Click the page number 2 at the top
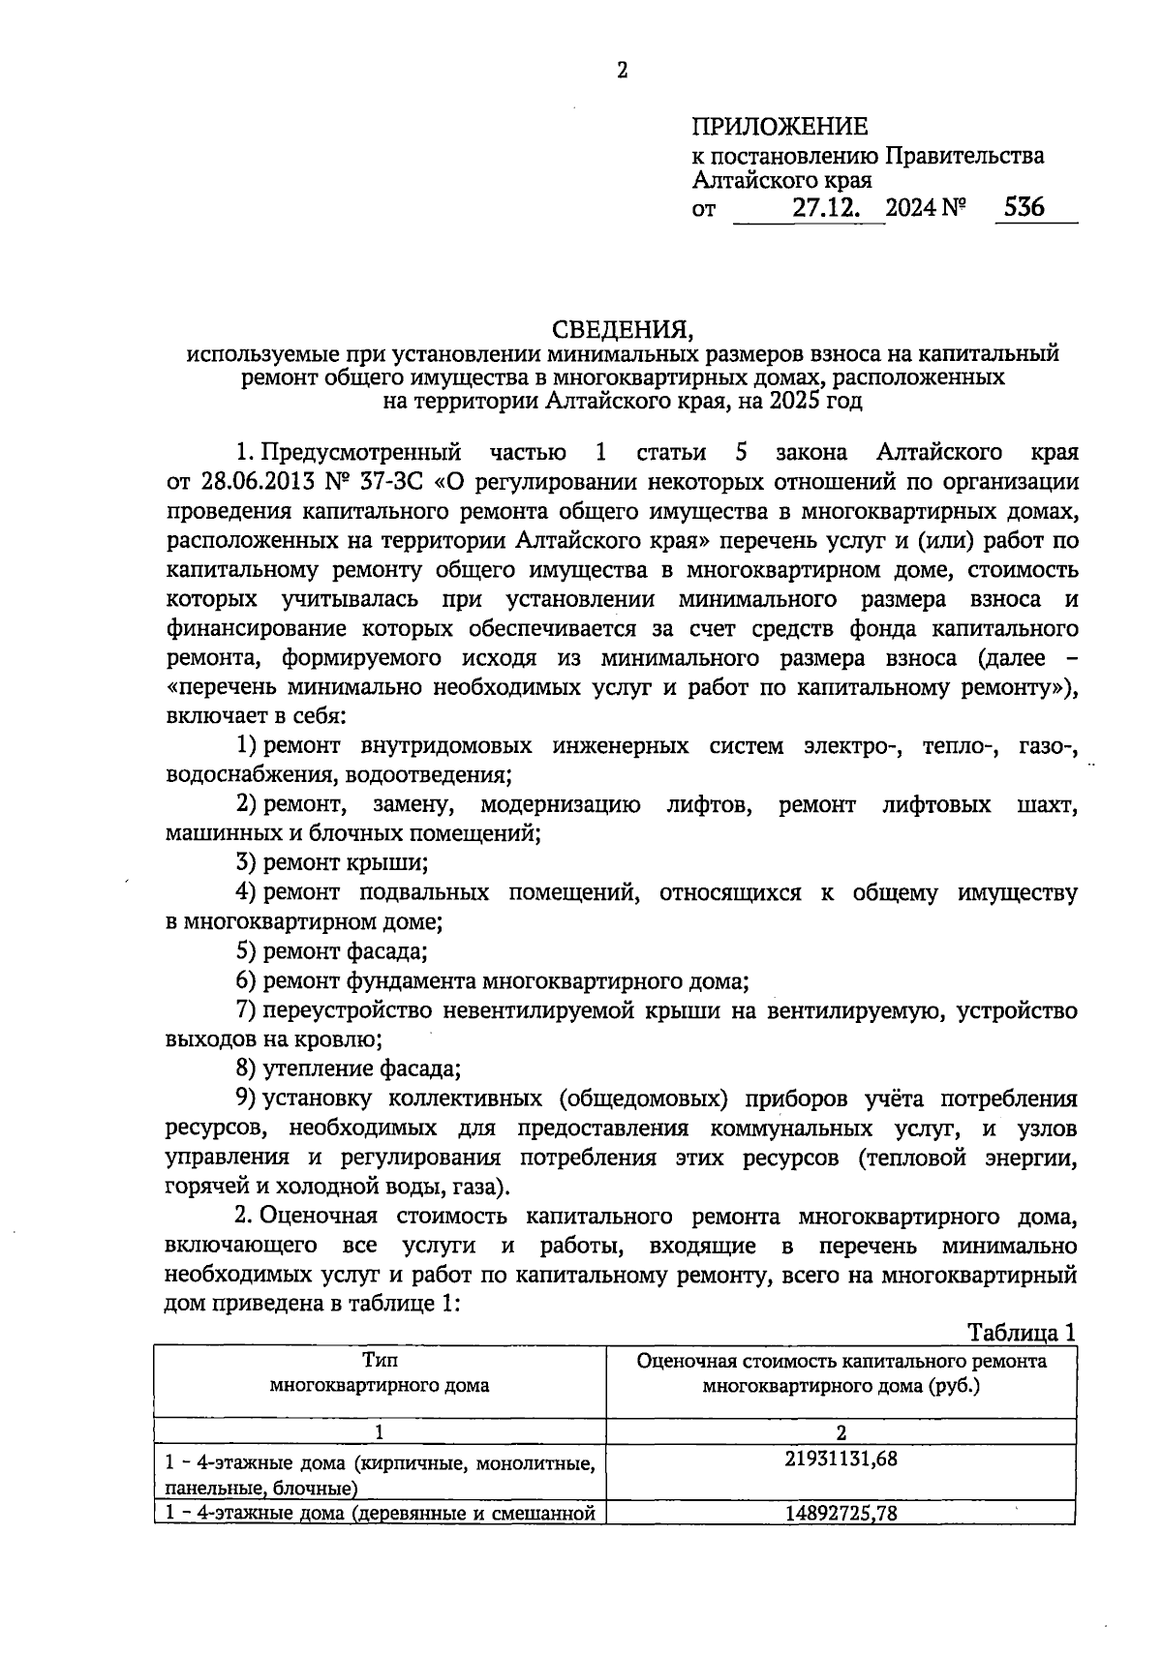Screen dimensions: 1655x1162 (x=622, y=71)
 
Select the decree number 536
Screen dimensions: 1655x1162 (x=1024, y=207)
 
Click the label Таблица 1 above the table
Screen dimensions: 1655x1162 (x=1023, y=1333)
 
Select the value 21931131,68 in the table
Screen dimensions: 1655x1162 (x=841, y=1459)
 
